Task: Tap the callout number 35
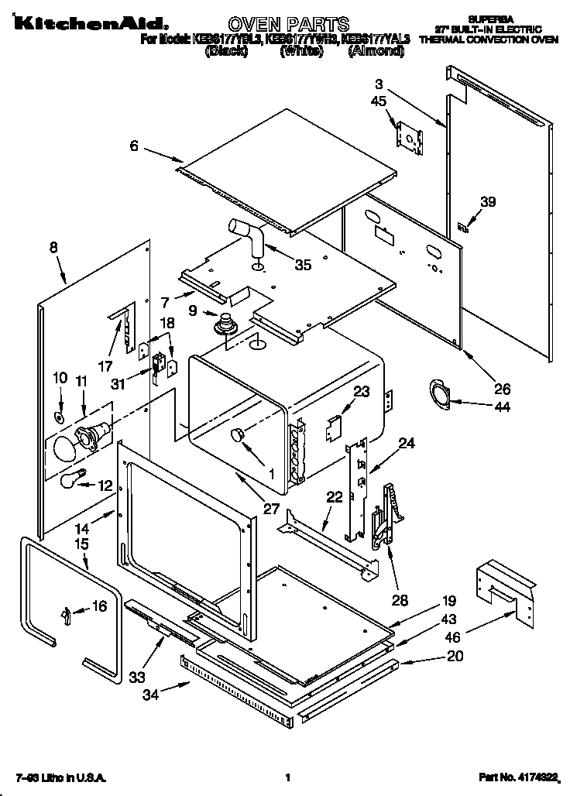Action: point(302,265)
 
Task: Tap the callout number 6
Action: point(133,145)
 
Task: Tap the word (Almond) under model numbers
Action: point(375,51)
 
